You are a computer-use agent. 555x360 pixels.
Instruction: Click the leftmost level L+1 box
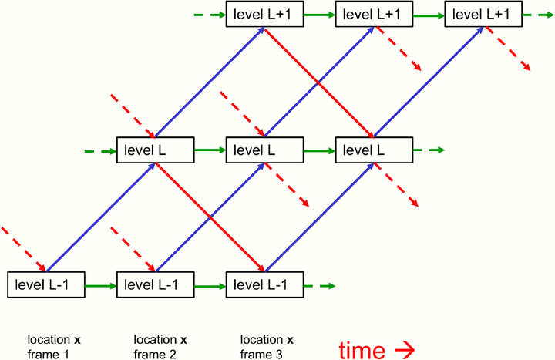[264, 15]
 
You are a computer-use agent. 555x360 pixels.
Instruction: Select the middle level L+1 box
[373, 15]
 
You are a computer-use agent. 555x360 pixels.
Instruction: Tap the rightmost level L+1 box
[483, 15]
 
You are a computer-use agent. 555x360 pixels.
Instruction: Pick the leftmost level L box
[154, 150]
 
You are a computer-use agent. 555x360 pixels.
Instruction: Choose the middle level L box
[264, 150]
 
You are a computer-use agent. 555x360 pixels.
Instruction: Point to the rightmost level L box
[373, 150]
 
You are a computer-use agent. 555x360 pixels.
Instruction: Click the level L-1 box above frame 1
[45, 285]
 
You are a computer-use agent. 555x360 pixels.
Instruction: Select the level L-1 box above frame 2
[154, 285]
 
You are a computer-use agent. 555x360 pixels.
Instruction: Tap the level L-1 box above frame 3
[264, 285]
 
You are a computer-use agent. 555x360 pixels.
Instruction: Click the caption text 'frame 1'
[49, 354]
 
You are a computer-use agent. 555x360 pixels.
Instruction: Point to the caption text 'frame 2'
[155, 354]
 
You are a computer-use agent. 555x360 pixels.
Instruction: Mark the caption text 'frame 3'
[261, 354]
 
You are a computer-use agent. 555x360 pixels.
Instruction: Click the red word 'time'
[361, 351]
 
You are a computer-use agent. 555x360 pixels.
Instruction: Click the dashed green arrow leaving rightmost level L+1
[536, 15]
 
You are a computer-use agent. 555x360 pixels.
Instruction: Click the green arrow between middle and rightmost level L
[318, 150]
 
